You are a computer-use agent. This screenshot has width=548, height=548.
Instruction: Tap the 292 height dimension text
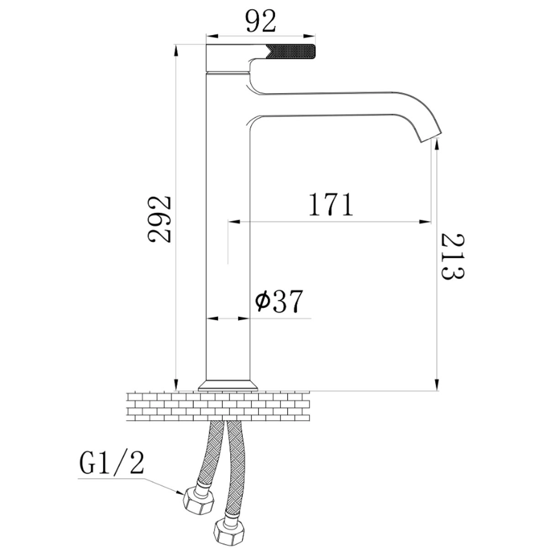coord(159,219)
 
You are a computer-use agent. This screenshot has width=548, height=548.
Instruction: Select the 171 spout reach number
coord(331,204)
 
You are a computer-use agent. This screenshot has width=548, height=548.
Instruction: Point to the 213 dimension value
coord(453,257)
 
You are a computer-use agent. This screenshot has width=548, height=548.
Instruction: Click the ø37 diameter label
coord(279,301)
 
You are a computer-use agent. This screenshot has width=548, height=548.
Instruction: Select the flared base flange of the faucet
coord(228,385)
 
